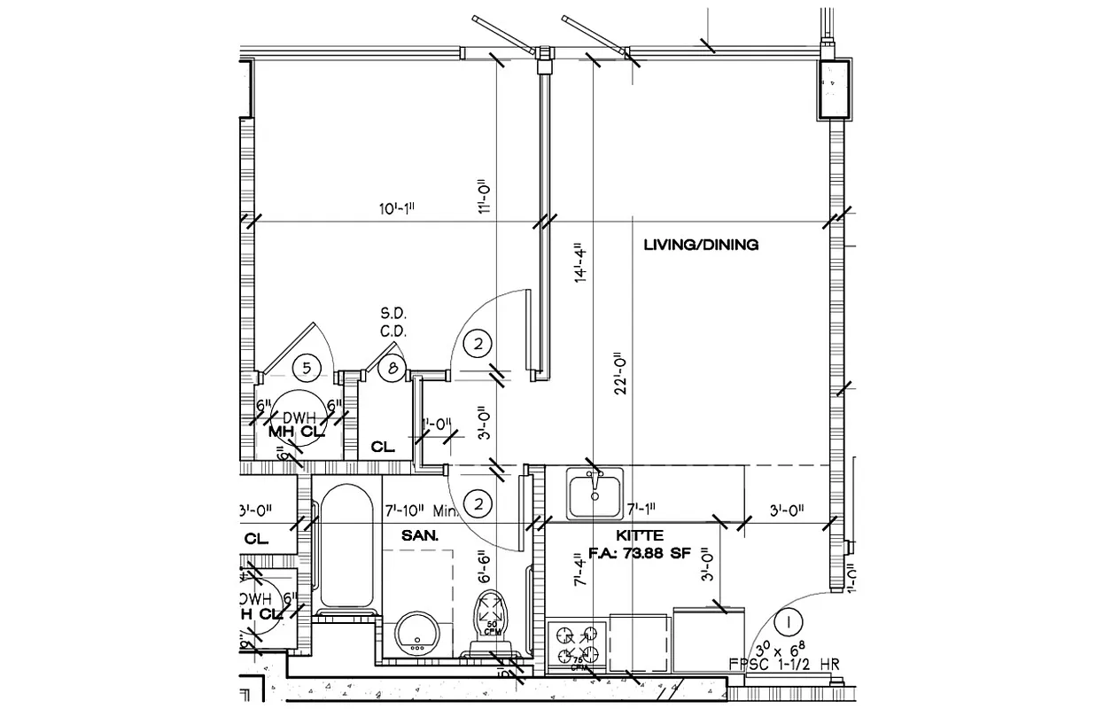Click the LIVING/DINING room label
tap(700, 245)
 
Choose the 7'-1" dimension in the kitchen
tap(641, 510)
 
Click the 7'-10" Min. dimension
tap(420, 511)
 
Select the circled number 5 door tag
tap(306, 366)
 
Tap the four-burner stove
tap(576, 646)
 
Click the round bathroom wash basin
tap(416, 633)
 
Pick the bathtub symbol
tap(346, 549)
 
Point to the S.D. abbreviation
tap(392, 314)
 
